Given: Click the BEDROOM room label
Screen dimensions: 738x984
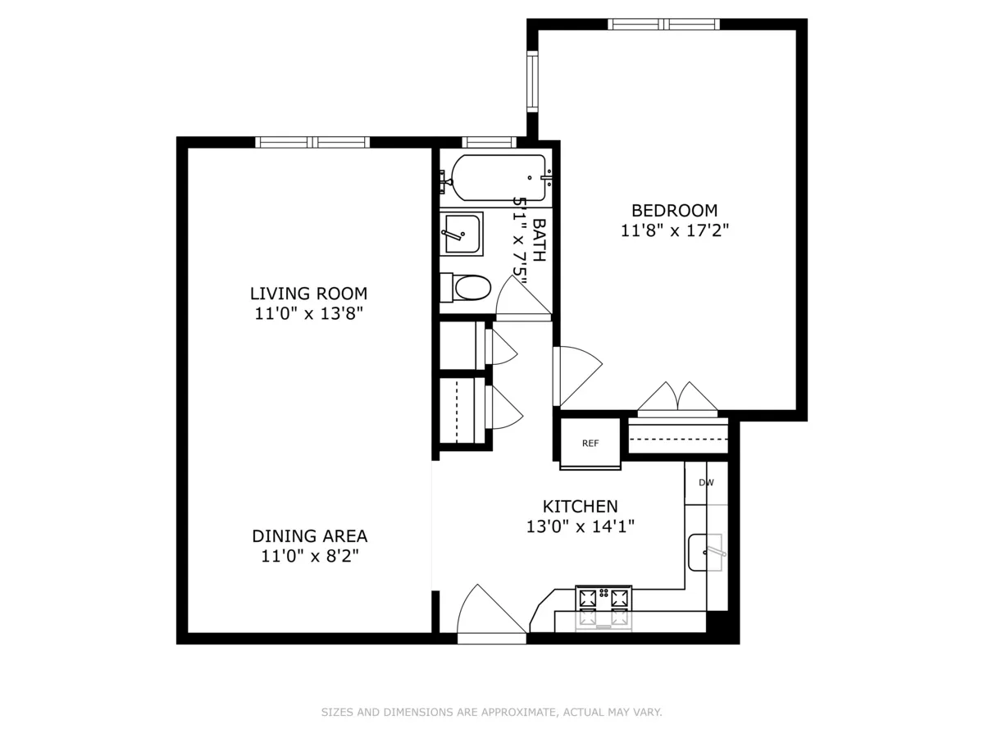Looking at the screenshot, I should click(x=674, y=210).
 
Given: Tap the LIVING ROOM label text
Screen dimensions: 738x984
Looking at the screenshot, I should click(x=308, y=293).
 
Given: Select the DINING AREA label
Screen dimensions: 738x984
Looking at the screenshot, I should click(x=309, y=535).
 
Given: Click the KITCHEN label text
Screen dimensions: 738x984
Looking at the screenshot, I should click(x=580, y=506).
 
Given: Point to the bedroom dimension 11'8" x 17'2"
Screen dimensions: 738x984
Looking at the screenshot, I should click(x=674, y=231).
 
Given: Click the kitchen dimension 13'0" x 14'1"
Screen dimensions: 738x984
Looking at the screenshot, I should click(x=580, y=526).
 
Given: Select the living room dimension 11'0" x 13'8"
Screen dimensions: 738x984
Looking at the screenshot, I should click(x=308, y=313).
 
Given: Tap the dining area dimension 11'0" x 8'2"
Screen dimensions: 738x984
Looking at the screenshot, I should click(x=309, y=556).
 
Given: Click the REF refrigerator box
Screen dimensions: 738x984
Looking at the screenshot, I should click(x=590, y=444).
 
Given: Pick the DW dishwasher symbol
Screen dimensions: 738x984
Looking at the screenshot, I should click(x=706, y=483).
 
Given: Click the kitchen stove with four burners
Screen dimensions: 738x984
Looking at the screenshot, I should click(x=604, y=608).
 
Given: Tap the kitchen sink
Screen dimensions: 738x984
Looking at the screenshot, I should click(x=706, y=552).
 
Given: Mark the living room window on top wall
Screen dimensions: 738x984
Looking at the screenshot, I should click(x=312, y=142).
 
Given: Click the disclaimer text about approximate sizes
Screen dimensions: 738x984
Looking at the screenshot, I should click(x=491, y=713).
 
